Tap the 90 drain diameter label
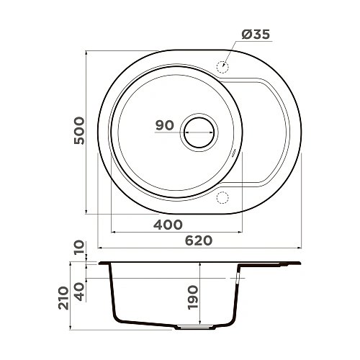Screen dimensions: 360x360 (x=165, y=125)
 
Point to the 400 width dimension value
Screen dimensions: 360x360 (x=168, y=224)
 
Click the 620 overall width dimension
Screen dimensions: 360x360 (x=197, y=241)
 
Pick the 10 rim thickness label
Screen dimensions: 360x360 (x=80, y=248)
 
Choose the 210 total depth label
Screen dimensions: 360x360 (x=63, y=296)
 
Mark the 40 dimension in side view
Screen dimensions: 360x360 (x=80, y=291)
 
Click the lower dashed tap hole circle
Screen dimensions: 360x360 (x=222, y=197)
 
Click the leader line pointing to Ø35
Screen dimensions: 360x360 (x=235, y=50)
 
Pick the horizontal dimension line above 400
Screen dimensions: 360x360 (x=176, y=232)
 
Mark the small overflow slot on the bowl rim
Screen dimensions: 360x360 (x=235, y=153)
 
